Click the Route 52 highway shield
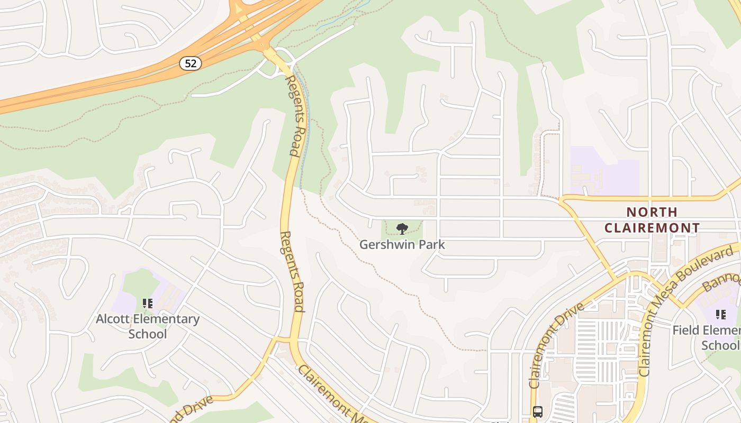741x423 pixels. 191,63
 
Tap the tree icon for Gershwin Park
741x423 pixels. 402,229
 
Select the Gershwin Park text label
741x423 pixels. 402,245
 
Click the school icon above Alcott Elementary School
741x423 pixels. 148,304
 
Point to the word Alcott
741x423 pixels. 114,319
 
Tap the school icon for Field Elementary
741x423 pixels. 720,315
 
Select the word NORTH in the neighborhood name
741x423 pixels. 652,212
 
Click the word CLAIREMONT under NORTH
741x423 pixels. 652,228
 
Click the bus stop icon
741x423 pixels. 538,411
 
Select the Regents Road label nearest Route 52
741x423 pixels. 296,115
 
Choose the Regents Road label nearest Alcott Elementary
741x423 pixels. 292,271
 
